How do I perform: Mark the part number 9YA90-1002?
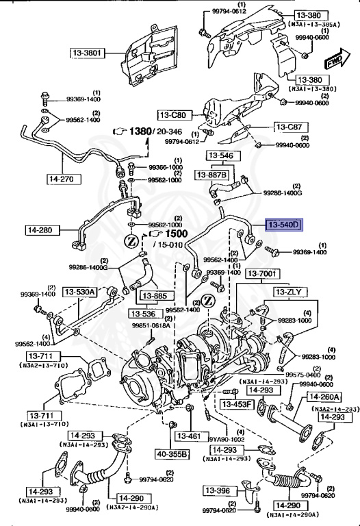[x=227, y=440]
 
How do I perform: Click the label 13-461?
[x=189, y=436]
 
